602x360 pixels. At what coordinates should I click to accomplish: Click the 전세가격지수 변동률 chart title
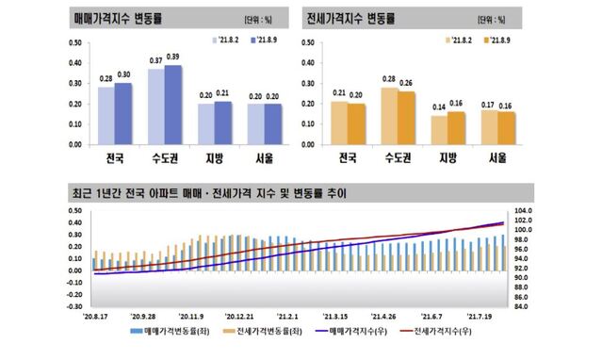point(350,18)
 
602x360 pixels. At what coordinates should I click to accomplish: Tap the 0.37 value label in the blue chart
point(156,61)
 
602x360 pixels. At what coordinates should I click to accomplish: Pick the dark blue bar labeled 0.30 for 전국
point(123,114)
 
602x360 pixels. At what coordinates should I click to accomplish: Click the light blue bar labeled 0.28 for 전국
point(106,116)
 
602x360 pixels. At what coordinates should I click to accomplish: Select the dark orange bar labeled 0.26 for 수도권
point(406,118)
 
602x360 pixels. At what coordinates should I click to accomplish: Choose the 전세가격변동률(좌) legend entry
point(262,332)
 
